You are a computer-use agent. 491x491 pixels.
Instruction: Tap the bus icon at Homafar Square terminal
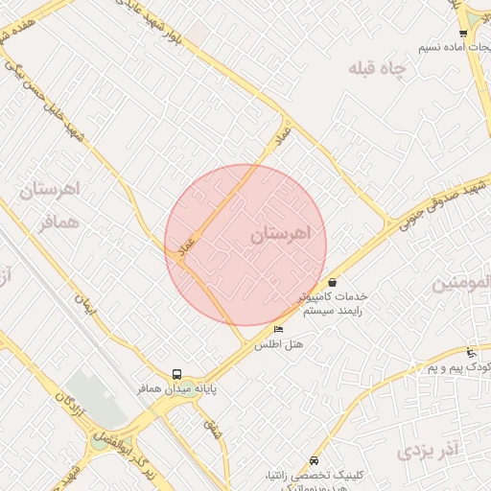click(176, 374)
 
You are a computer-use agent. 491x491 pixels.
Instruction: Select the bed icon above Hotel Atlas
click(279, 329)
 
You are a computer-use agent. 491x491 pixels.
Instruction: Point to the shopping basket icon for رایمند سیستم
click(332, 282)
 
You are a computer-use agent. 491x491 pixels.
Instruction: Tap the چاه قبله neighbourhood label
click(377, 68)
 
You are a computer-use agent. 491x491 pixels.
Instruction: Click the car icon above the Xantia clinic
click(314, 460)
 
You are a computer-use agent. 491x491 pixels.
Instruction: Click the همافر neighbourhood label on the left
click(58, 222)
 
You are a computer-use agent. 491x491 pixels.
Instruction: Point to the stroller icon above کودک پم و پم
click(470, 352)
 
